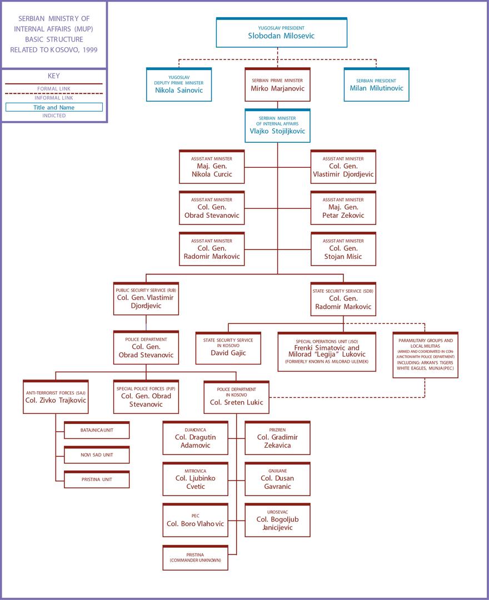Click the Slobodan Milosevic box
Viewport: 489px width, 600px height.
pyautogui.click(x=281, y=32)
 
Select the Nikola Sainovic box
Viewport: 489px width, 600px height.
pyautogui.click(x=179, y=84)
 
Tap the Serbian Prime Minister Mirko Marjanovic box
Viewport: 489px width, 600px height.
pyautogui.click(x=277, y=84)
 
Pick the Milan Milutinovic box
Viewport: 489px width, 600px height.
pyautogui.click(x=376, y=84)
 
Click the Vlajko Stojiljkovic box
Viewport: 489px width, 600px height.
pyautogui.click(x=277, y=126)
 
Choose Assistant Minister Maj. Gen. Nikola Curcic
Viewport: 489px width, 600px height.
pyautogui.click(x=212, y=167)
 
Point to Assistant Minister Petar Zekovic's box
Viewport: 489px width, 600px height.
pyautogui.click(x=343, y=208)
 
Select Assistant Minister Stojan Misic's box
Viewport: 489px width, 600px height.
pyautogui.click(x=343, y=249)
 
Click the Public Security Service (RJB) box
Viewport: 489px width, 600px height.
pyautogui.click(x=146, y=299)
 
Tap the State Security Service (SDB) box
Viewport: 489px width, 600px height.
pyautogui.click(x=343, y=299)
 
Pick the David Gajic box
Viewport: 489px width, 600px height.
pyautogui.click(x=228, y=348)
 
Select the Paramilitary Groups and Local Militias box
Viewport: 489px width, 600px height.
pyautogui.click(x=425, y=354)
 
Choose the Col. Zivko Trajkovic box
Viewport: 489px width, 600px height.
pyautogui.click(x=56, y=397)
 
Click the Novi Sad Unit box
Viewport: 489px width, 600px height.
pyautogui.click(x=97, y=454)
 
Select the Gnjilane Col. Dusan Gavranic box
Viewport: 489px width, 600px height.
pyautogui.click(x=277, y=479)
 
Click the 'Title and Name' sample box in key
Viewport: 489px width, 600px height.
pyautogui.click(x=54, y=107)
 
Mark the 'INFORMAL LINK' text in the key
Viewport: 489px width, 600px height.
pyautogui.click(x=54, y=98)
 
